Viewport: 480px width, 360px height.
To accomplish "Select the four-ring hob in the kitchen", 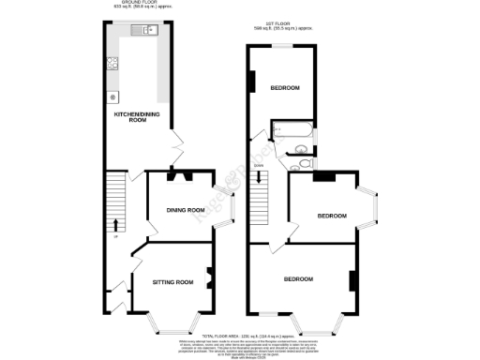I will tap(112, 64).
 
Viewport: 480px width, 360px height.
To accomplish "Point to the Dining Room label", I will tap(186, 210).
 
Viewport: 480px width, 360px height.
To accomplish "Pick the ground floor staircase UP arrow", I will tap(114, 224).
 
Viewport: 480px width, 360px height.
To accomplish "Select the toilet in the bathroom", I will tap(302, 150).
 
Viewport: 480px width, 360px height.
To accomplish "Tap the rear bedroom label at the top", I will tap(285, 87).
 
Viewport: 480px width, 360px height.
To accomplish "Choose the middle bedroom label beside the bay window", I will tap(331, 216).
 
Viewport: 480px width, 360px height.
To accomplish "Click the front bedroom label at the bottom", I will tap(298, 278).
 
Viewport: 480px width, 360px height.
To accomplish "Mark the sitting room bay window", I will tap(171, 326).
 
